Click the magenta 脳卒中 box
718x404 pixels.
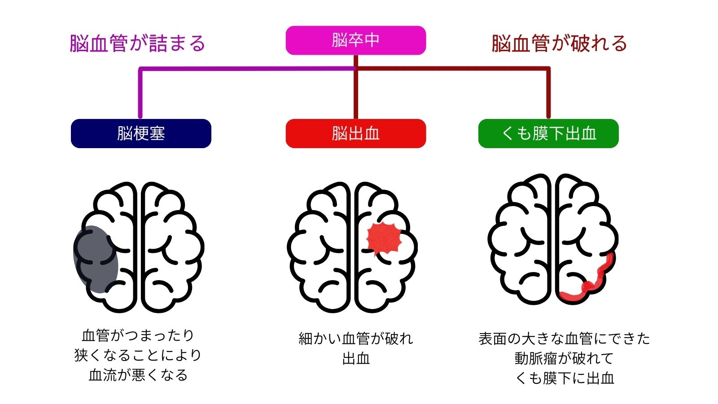point(355,40)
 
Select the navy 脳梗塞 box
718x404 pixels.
point(141,133)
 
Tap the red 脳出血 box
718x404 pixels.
point(355,133)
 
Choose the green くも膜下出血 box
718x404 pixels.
point(548,133)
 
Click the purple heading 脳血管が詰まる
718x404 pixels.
point(137,44)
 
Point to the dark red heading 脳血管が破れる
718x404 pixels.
point(559,44)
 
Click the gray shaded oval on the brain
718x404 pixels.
point(96,259)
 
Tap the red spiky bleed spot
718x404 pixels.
point(384,238)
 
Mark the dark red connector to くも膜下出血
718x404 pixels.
point(548,92)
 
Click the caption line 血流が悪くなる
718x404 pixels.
point(138,375)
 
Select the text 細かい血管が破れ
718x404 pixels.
point(355,338)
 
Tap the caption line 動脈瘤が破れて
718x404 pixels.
point(564,358)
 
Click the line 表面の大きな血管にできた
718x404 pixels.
point(564,338)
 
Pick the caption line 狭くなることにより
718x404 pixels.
point(138,355)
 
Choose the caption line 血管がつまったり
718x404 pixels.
point(138,335)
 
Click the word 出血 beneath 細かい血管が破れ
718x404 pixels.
point(355,359)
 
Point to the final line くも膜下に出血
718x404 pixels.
point(564,378)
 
